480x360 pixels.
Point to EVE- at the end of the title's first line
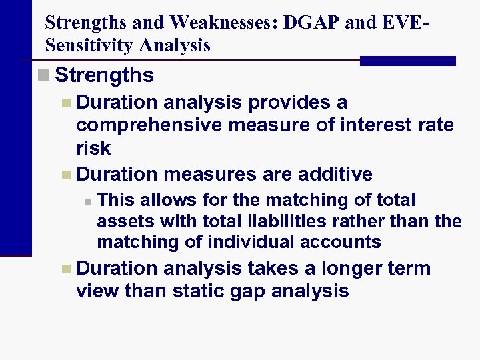click(x=405, y=23)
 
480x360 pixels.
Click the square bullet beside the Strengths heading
click(x=44, y=75)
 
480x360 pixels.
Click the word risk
click(x=93, y=148)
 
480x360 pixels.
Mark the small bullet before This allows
click(x=87, y=201)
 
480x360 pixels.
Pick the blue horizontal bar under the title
click(x=407, y=61)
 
